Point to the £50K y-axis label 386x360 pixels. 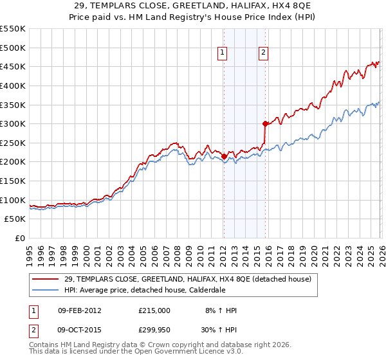point(15,219)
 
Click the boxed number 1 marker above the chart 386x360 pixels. point(223,53)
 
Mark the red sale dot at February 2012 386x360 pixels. point(223,156)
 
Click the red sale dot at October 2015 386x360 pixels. point(265,123)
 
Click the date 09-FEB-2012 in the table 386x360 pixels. point(79,310)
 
